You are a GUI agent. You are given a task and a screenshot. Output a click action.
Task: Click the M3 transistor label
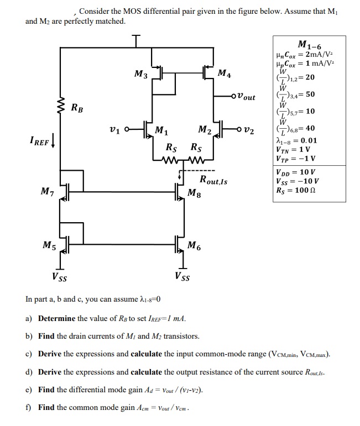pos(141,74)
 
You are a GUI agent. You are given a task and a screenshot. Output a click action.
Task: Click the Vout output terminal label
pos(243,97)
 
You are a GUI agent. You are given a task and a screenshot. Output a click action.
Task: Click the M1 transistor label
pos(161,131)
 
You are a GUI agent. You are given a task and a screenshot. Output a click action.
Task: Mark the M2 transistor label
pos(204,130)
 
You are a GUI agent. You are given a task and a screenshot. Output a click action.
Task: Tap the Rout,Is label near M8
pos(213,180)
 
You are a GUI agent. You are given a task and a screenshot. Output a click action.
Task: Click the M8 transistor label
pos(195,192)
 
